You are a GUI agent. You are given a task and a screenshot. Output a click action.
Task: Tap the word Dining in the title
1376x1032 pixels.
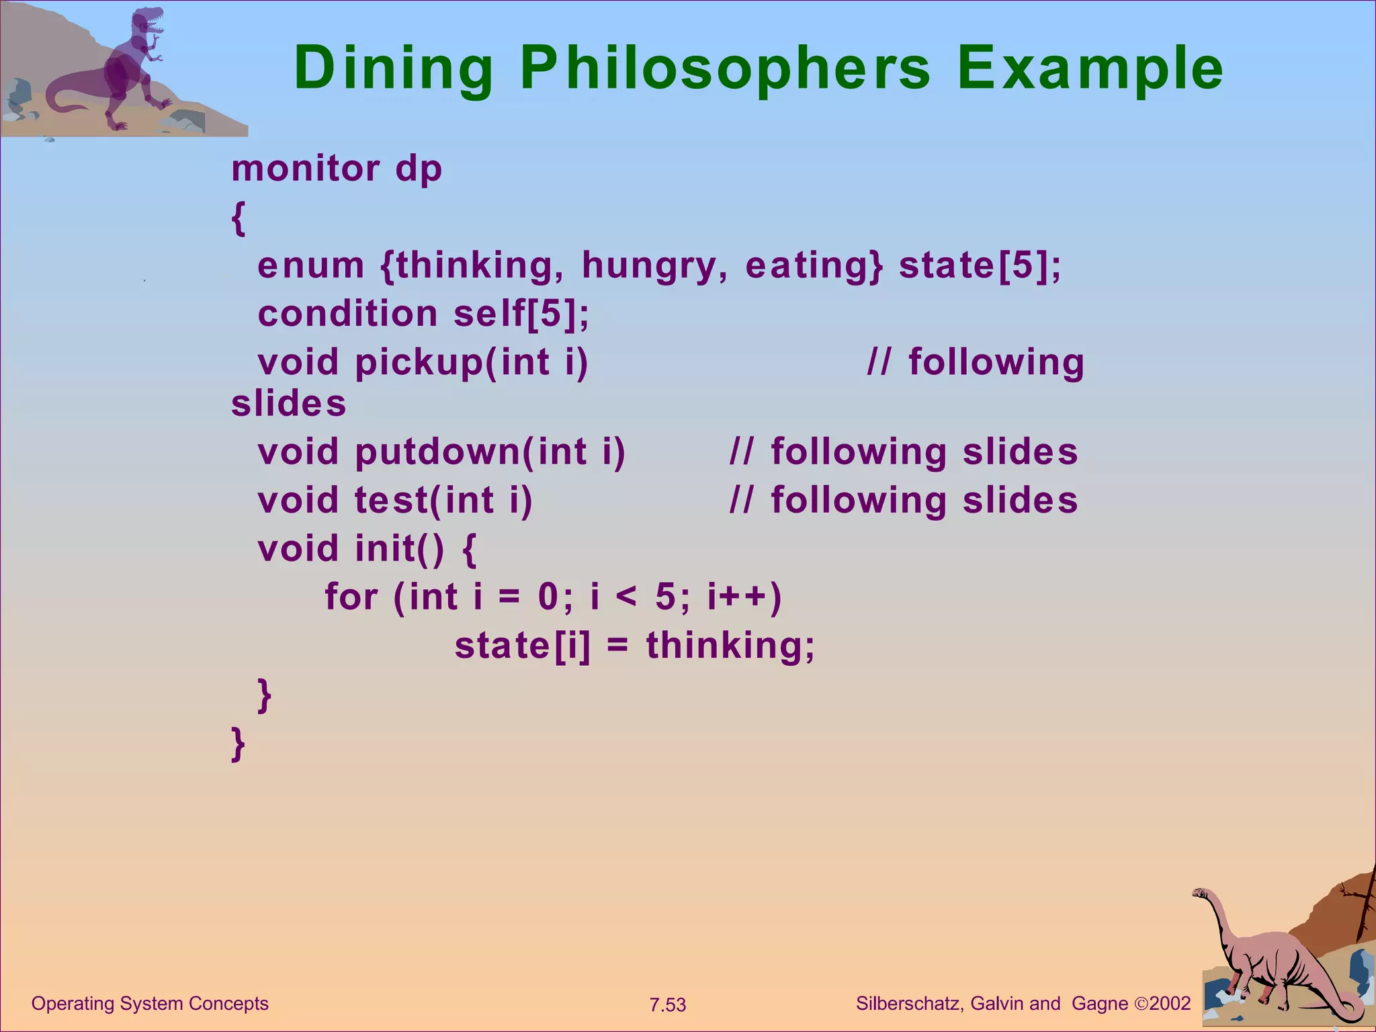[394, 69]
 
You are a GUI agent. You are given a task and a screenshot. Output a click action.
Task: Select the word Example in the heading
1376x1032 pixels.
[1090, 69]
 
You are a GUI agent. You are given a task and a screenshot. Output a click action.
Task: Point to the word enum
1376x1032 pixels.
[310, 265]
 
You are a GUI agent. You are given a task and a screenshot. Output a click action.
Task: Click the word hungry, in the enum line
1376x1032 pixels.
[654, 265]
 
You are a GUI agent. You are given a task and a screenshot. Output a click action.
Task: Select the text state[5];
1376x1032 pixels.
[980, 265]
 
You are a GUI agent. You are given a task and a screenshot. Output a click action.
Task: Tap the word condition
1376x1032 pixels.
[347, 314]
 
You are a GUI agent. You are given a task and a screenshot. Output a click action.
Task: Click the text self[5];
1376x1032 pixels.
[521, 314]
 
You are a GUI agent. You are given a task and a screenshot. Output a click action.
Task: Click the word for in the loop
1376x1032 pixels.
[351, 597]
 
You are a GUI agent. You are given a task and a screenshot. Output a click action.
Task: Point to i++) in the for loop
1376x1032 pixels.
[744, 597]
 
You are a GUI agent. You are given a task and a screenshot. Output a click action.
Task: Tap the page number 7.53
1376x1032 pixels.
[667, 1005]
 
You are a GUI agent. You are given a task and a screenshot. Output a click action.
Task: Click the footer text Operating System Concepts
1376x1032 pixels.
[150, 1004]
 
